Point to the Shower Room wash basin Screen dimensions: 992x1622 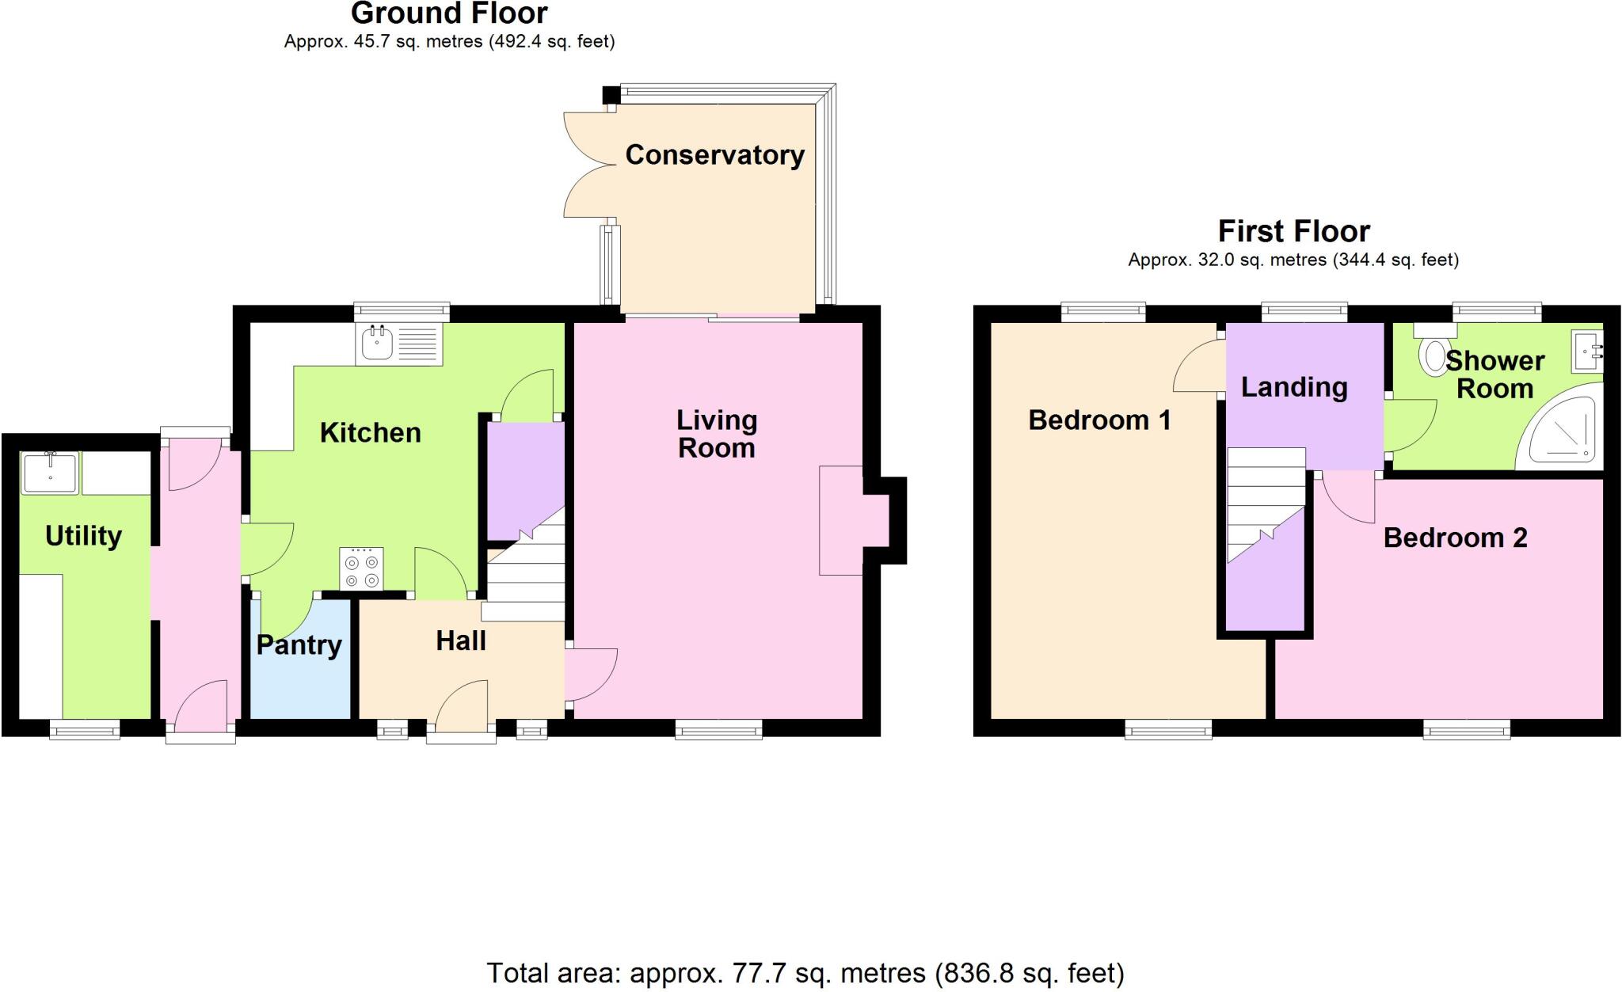coord(1586,352)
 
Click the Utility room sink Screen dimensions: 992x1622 coord(50,473)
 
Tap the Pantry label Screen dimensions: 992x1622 coord(299,645)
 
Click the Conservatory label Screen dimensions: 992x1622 coord(714,155)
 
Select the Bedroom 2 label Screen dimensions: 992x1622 coord(1455,538)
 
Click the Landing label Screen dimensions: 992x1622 coord(1294,387)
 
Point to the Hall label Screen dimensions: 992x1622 coord(461,640)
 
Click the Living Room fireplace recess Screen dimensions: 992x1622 coord(855,519)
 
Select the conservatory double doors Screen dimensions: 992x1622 coord(587,165)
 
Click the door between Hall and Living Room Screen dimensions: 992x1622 coord(590,675)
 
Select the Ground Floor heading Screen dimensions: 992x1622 coord(449,13)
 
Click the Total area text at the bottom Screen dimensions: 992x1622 coord(805,972)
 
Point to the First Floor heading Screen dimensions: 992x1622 coord(1293,231)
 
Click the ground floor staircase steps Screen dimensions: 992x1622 coord(524,582)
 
